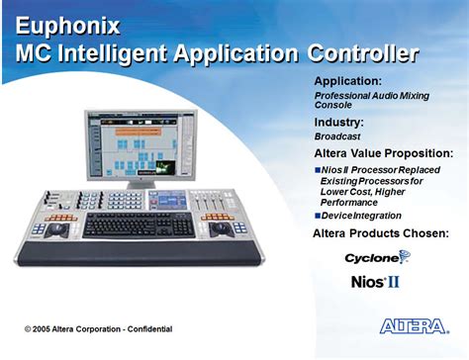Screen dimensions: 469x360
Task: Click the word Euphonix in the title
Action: click(67, 26)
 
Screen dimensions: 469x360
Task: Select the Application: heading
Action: click(348, 81)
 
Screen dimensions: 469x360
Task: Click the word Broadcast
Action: click(337, 136)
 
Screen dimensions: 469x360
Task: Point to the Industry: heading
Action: click(338, 123)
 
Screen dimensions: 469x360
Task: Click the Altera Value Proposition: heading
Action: click(384, 153)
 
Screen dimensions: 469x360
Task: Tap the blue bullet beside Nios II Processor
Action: click(318, 170)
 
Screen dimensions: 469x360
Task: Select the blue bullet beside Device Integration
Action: click(318, 216)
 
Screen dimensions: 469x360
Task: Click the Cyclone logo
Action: click(378, 257)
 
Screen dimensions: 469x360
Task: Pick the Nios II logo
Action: click(375, 282)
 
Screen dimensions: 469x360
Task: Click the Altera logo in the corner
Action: click(415, 326)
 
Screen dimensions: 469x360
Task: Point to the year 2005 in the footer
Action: click(42, 329)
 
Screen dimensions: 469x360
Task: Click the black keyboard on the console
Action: click(139, 225)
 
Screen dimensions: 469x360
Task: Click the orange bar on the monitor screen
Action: click(139, 132)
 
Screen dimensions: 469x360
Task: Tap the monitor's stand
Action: click(141, 185)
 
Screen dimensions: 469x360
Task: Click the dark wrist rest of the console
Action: click(139, 253)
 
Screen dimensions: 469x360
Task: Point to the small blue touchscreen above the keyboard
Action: click(168, 201)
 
